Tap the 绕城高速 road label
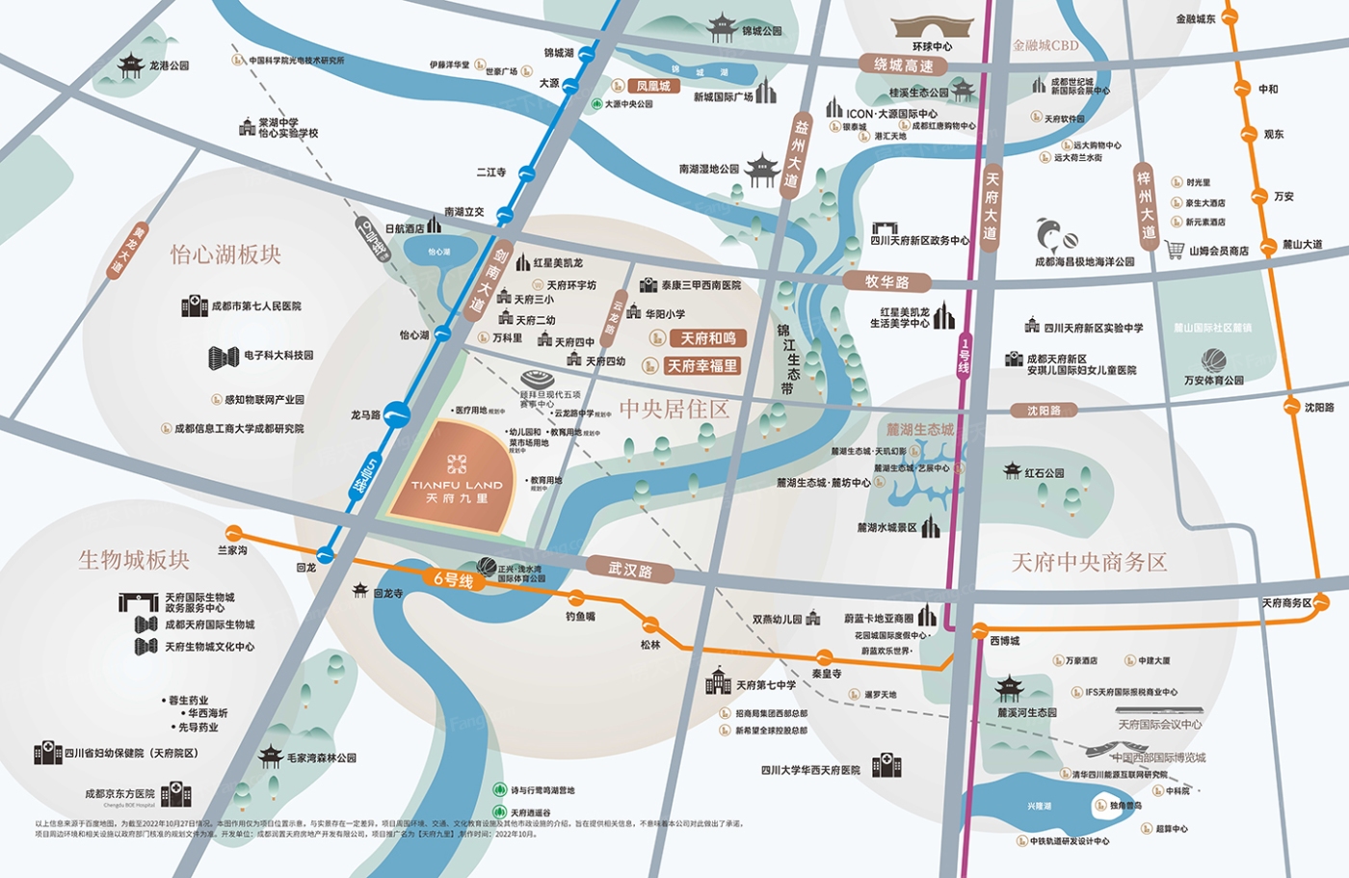click(x=903, y=66)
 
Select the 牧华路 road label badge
click(x=886, y=281)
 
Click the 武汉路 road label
click(x=630, y=570)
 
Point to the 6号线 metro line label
click(x=453, y=579)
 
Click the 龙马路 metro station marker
click(x=397, y=415)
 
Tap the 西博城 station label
click(x=1004, y=641)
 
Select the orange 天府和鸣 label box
click(x=707, y=338)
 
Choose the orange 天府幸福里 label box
click(x=701, y=366)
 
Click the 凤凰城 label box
click(x=652, y=86)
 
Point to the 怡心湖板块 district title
click(x=225, y=254)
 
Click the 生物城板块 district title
click(x=134, y=560)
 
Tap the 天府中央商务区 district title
click(x=1089, y=562)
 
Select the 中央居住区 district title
click(x=674, y=410)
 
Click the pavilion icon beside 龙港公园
click(x=131, y=66)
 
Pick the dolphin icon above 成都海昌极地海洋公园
click(x=1054, y=235)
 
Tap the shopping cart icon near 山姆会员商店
click(x=1174, y=250)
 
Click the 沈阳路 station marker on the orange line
click(x=1292, y=407)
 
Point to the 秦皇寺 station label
click(x=826, y=674)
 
